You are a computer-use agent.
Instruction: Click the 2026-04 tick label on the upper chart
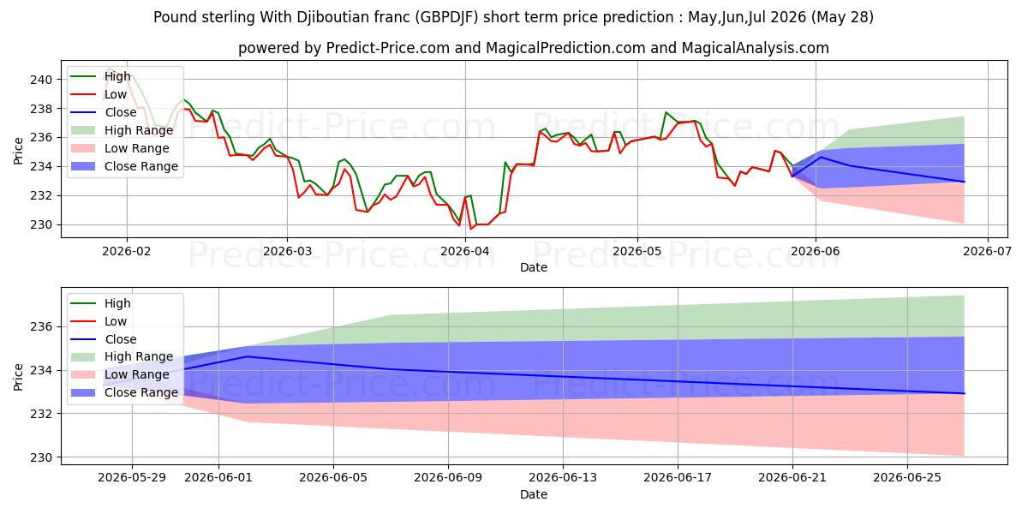pyautogui.click(x=465, y=252)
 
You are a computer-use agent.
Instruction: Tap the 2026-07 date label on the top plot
pyautogui.click(x=987, y=252)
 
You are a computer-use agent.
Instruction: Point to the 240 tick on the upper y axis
pyautogui.click(x=41, y=80)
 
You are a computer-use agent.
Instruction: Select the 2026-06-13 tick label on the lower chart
pyautogui.click(x=563, y=478)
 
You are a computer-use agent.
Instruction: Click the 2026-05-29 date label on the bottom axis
pyautogui.click(x=132, y=478)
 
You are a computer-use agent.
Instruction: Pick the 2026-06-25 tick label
pyautogui.click(x=907, y=478)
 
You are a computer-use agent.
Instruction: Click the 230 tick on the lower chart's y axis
pyautogui.click(x=41, y=457)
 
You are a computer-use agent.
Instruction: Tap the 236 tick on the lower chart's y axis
pyautogui.click(x=41, y=327)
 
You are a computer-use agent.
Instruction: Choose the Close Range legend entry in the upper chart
pyautogui.click(x=124, y=166)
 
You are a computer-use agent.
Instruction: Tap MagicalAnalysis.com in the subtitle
pyautogui.click(x=755, y=48)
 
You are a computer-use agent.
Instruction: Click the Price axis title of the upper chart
pyautogui.click(x=18, y=151)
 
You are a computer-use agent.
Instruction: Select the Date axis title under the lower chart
pyautogui.click(x=533, y=494)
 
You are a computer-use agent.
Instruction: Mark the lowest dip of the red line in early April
pyautogui.click(x=470, y=229)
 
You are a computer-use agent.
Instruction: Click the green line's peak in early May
pyautogui.click(x=666, y=112)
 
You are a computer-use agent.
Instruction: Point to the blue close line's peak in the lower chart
pyautogui.click(x=248, y=356)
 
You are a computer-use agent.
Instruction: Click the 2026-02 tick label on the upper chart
pyautogui.click(x=126, y=252)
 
